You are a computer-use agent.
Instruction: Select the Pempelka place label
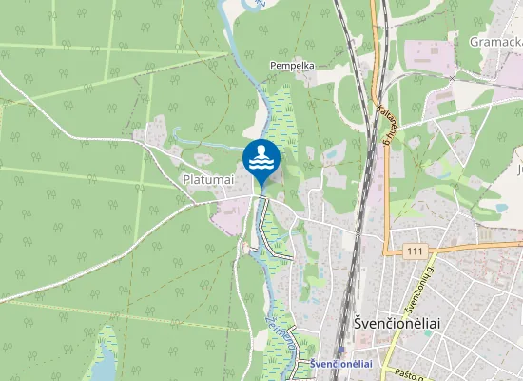292,66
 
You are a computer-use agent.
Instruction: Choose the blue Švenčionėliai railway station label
339,364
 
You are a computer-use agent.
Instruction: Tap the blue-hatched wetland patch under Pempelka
281,119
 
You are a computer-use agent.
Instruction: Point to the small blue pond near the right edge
501,207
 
